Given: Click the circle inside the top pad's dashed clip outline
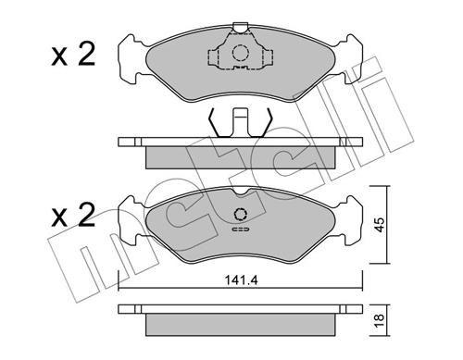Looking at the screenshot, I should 240,53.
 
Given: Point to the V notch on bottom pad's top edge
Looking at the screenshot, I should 240,194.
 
